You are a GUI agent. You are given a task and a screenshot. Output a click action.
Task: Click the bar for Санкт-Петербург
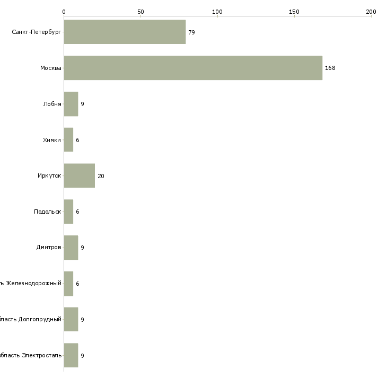[125, 32]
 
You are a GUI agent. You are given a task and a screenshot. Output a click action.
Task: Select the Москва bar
[193, 68]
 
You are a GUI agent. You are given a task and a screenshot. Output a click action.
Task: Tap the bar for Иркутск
[80, 175]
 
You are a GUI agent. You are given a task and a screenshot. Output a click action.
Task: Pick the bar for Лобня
[71, 104]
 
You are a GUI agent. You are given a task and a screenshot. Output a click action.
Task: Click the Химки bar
[68, 140]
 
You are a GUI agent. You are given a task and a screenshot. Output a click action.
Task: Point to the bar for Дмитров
[71, 248]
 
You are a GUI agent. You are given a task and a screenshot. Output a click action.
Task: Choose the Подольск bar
[68, 212]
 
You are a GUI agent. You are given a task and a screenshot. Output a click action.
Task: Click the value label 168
[330, 68]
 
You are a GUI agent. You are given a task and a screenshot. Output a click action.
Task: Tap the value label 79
[191, 32]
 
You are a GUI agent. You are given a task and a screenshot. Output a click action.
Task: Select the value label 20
[101, 176]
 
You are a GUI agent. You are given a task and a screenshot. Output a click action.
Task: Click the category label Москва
[51, 68]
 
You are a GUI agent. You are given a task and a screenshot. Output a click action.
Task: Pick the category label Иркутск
[49, 176]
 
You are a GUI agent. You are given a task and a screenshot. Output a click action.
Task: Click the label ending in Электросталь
[31, 355]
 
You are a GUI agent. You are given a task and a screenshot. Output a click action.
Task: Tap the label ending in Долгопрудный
[31, 320]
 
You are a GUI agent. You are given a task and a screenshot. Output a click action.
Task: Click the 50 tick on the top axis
[140, 11]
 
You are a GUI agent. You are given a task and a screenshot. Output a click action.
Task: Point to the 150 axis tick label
[294, 11]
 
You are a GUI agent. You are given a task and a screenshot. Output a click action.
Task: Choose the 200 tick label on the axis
[371, 11]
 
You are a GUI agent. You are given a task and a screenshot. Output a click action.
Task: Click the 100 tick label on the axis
[217, 11]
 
